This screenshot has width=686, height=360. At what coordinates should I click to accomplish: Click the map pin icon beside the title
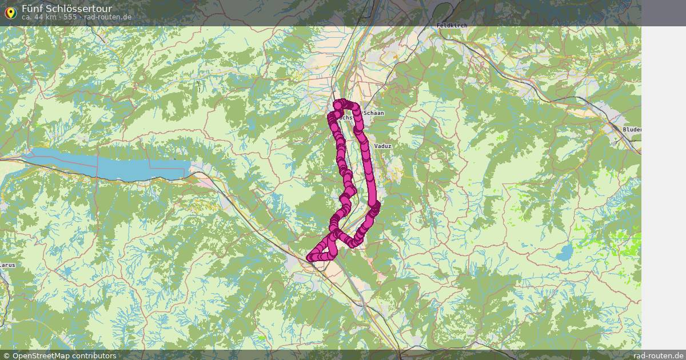pos(10,12)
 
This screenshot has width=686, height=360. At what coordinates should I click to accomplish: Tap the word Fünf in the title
pos(32,9)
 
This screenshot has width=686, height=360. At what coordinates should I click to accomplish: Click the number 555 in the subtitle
pos(70,17)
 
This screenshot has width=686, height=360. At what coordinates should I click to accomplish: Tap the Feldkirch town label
pos(452,26)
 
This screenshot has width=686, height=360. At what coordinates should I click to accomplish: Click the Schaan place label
pos(373,113)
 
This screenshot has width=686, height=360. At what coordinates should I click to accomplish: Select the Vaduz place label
pos(382,146)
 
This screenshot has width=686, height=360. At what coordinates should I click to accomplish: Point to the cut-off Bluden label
pos(632,130)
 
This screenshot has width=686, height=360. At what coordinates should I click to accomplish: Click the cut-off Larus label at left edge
pos(7,265)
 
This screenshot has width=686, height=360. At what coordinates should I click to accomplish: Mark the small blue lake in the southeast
pos(565,252)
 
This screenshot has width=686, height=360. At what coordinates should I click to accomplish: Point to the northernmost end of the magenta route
pos(341,103)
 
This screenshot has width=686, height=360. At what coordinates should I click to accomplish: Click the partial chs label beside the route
pos(346,117)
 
